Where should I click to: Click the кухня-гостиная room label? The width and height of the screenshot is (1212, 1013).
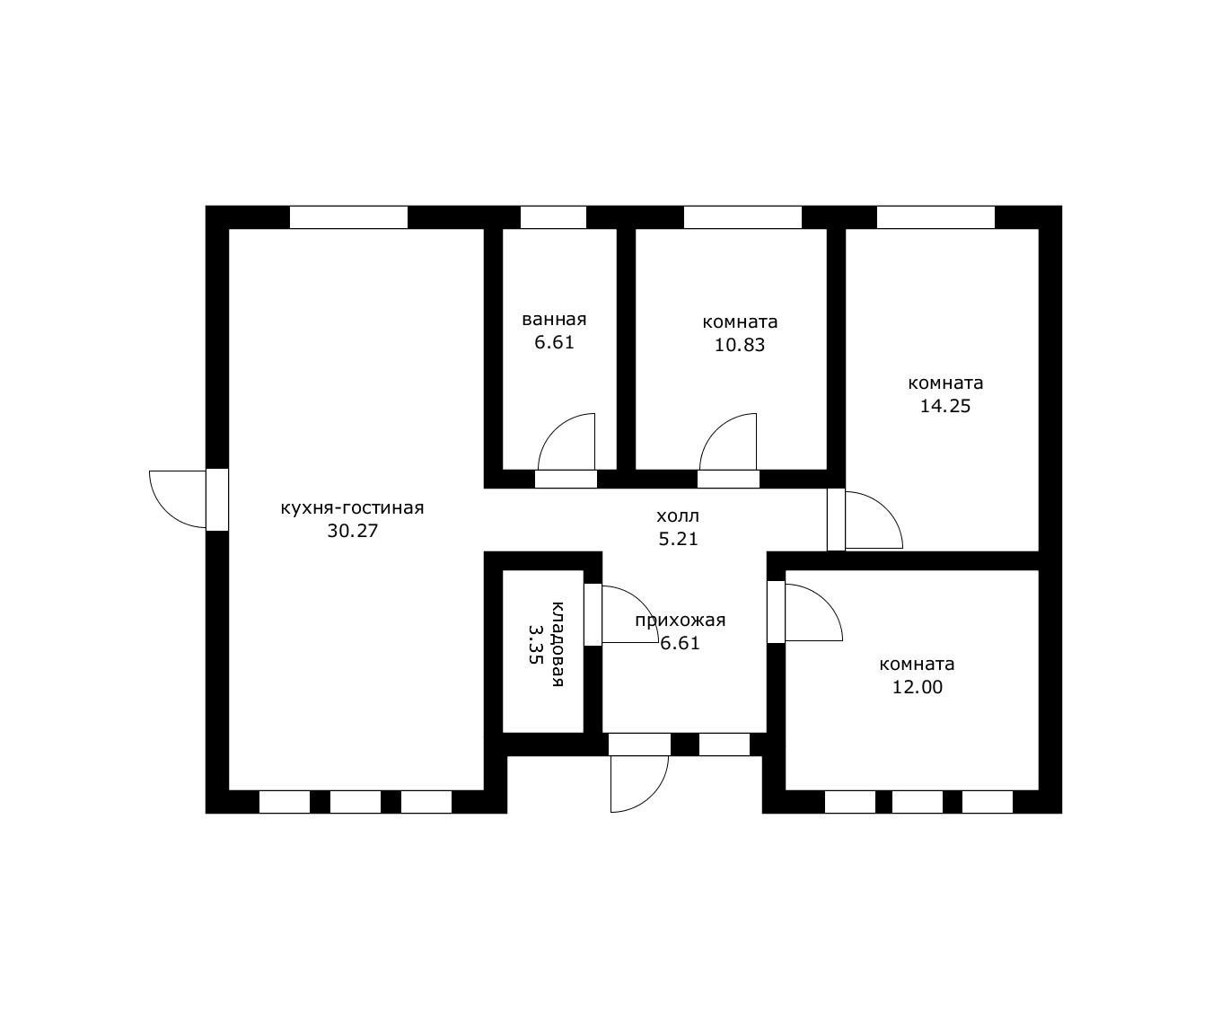(352, 508)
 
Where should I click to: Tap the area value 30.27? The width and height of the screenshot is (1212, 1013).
(352, 531)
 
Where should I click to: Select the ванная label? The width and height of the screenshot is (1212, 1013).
(554, 320)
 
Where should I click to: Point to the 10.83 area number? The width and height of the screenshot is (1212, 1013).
(740, 345)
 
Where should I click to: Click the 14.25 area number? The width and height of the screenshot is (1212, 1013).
(945, 406)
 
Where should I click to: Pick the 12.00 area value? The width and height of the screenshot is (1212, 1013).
(918, 687)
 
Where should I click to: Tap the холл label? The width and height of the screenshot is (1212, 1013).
(678, 515)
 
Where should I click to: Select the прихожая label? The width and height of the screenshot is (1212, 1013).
(680, 621)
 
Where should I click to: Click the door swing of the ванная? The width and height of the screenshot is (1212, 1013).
(555, 430)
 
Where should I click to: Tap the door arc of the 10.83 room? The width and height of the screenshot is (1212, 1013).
(716, 430)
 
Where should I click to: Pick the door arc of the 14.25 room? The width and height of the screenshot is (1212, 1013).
(886, 508)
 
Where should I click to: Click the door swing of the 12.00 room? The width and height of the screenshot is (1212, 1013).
(825, 601)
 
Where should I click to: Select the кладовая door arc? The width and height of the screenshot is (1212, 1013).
(642, 603)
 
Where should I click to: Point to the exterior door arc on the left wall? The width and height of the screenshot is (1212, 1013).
(166, 512)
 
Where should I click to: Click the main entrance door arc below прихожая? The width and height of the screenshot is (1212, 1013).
(652, 796)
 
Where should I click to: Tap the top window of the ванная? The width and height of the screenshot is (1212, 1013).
(553, 217)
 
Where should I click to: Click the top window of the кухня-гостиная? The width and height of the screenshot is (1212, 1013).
(348, 217)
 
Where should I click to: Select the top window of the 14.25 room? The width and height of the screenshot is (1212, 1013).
(935, 217)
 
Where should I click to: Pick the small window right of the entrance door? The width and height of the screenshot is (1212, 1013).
(725, 744)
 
